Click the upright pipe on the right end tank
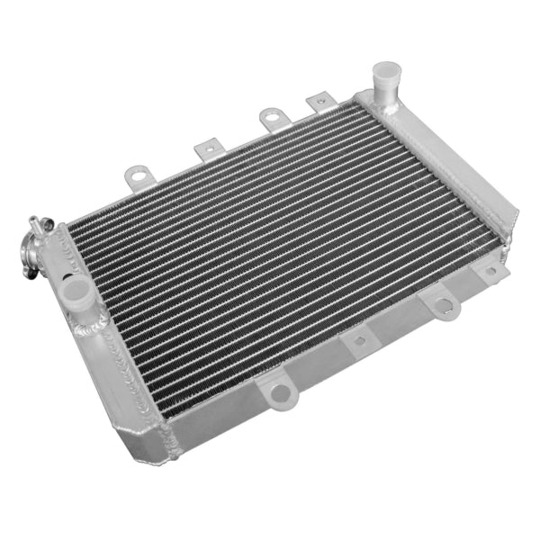tap(386, 79)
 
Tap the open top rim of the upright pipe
tap(386, 68)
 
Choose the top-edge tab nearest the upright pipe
tap(318, 101)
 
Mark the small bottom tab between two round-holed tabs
tap(359, 338)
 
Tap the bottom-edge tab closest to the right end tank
tap(491, 270)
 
